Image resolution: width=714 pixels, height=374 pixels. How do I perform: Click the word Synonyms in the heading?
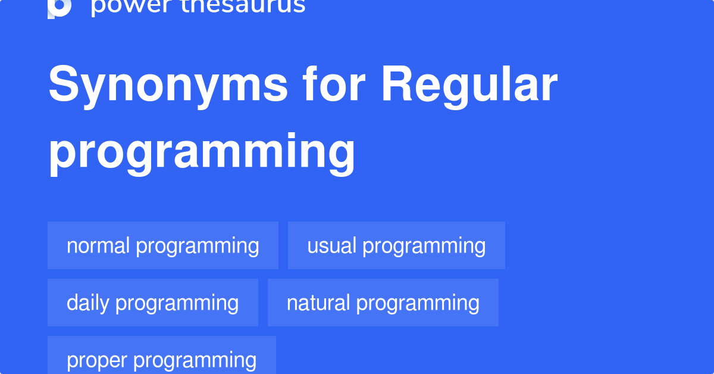168,85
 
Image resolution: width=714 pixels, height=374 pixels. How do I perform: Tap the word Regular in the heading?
469,85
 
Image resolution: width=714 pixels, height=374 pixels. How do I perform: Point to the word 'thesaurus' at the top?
244,6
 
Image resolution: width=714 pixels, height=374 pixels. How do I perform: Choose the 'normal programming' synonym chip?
162,245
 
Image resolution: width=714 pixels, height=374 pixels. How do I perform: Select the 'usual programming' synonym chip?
396,245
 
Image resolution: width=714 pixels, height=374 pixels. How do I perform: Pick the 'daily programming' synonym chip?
152,303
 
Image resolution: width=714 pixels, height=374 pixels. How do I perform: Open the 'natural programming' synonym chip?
383,303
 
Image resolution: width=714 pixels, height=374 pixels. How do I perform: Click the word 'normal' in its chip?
99,245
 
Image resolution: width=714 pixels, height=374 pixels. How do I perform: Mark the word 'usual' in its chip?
331,245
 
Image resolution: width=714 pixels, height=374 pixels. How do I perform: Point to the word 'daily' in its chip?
88,303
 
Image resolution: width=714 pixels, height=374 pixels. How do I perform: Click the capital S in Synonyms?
64,85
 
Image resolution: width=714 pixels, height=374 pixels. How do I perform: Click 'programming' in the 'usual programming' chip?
424,245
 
